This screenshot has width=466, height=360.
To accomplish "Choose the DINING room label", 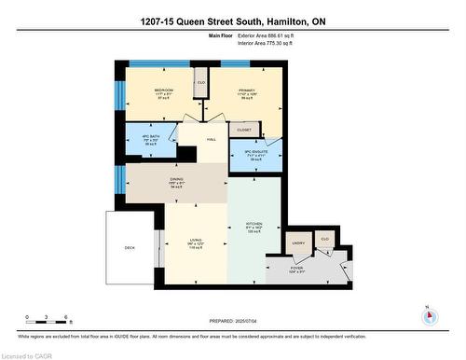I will pos(177,180).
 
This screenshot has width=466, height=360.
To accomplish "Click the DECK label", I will pos(130,247).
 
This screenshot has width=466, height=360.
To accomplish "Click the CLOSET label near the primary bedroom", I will pos(244,130).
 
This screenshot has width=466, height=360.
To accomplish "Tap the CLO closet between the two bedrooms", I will pos(200,82).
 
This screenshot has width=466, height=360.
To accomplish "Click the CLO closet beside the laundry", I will pos(324,239).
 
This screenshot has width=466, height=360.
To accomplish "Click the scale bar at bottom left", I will pos(43,315).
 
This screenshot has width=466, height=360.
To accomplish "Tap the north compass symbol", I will pos(428,313).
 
